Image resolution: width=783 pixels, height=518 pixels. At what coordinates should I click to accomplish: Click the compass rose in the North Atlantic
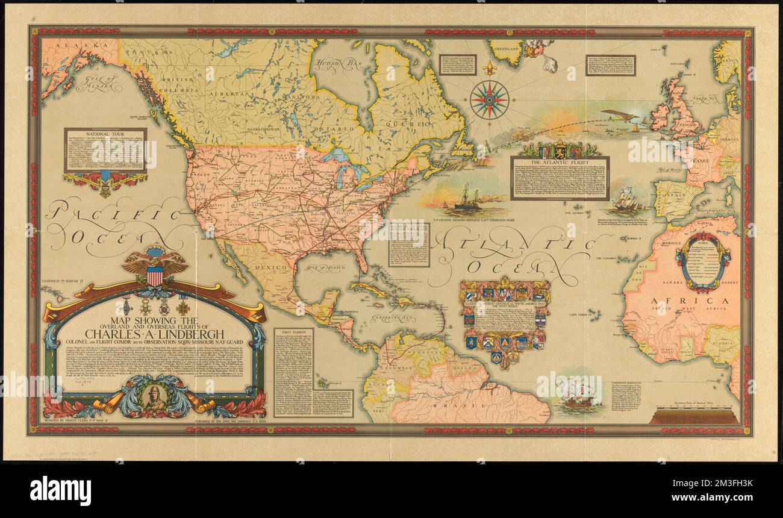point(489,99)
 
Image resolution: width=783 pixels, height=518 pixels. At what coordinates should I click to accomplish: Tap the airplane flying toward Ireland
point(619,116)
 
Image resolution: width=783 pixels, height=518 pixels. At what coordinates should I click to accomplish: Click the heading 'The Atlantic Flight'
point(559,161)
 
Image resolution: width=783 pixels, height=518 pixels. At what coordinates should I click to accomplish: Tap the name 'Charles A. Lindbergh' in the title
point(155,334)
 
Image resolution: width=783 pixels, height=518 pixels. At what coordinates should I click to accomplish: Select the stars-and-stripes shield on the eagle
point(155,275)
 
